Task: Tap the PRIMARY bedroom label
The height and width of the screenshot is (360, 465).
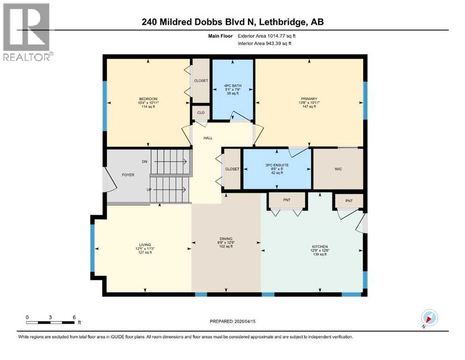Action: tap(309, 98)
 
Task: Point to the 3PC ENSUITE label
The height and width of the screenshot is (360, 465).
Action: tap(276, 165)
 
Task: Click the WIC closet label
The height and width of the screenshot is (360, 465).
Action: tap(338, 169)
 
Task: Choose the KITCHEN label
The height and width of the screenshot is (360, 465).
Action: tap(320, 247)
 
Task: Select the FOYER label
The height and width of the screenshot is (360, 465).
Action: tap(128, 175)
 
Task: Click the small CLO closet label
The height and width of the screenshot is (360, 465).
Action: tap(200, 112)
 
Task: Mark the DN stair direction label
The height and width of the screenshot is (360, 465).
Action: tap(144, 162)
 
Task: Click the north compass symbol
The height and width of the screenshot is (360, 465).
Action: tap(429, 318)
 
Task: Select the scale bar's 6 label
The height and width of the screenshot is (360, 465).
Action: tap(74, 317)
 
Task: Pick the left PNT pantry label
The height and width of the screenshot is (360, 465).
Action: tap(287, 200)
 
